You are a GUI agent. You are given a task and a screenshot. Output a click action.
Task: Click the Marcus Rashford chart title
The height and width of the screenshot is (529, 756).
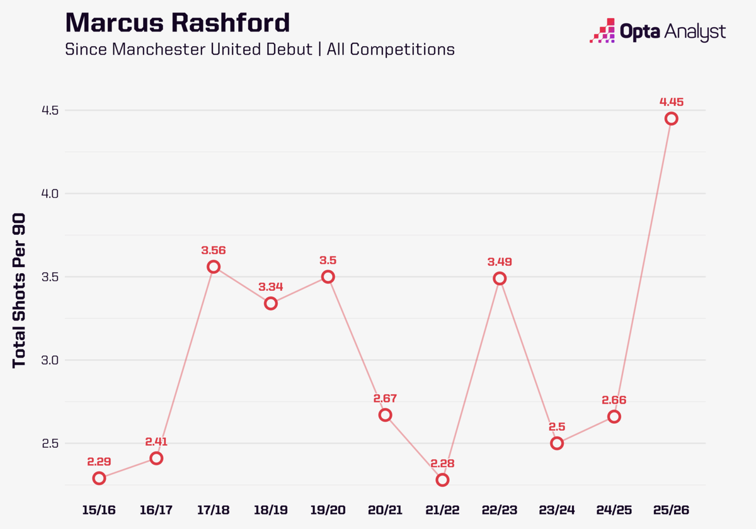[178, 23]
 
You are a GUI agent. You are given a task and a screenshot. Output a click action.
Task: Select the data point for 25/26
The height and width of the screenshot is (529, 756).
[671, 119]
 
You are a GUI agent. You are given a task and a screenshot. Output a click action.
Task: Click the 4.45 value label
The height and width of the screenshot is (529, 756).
[671, 101]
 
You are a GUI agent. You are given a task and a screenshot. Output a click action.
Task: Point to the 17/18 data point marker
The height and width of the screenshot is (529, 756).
[214, 267]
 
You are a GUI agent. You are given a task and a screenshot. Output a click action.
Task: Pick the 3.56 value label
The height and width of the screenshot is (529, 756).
[214, 250]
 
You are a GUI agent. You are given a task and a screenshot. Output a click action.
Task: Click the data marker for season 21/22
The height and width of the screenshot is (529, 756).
[442, 480]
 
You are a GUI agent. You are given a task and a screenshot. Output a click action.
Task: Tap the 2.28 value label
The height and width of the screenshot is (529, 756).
[442, 464]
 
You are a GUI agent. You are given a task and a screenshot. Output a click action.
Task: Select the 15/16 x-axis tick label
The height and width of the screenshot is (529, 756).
[99, 509]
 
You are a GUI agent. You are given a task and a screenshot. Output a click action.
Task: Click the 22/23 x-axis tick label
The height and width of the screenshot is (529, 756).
[500, 509]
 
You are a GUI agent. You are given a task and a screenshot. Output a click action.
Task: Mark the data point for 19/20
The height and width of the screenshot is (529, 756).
[328, 277]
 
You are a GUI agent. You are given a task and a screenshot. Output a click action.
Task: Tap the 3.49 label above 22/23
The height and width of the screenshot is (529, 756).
[500, 261]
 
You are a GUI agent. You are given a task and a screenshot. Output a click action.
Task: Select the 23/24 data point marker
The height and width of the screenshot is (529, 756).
[557, 443]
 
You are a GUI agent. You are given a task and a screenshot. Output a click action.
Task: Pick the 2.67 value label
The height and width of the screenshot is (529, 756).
[385, 398]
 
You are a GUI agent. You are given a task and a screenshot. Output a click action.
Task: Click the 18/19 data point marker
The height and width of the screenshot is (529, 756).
[271, 304]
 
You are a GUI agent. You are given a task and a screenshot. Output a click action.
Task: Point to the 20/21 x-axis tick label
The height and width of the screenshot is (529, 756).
[385, 509]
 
